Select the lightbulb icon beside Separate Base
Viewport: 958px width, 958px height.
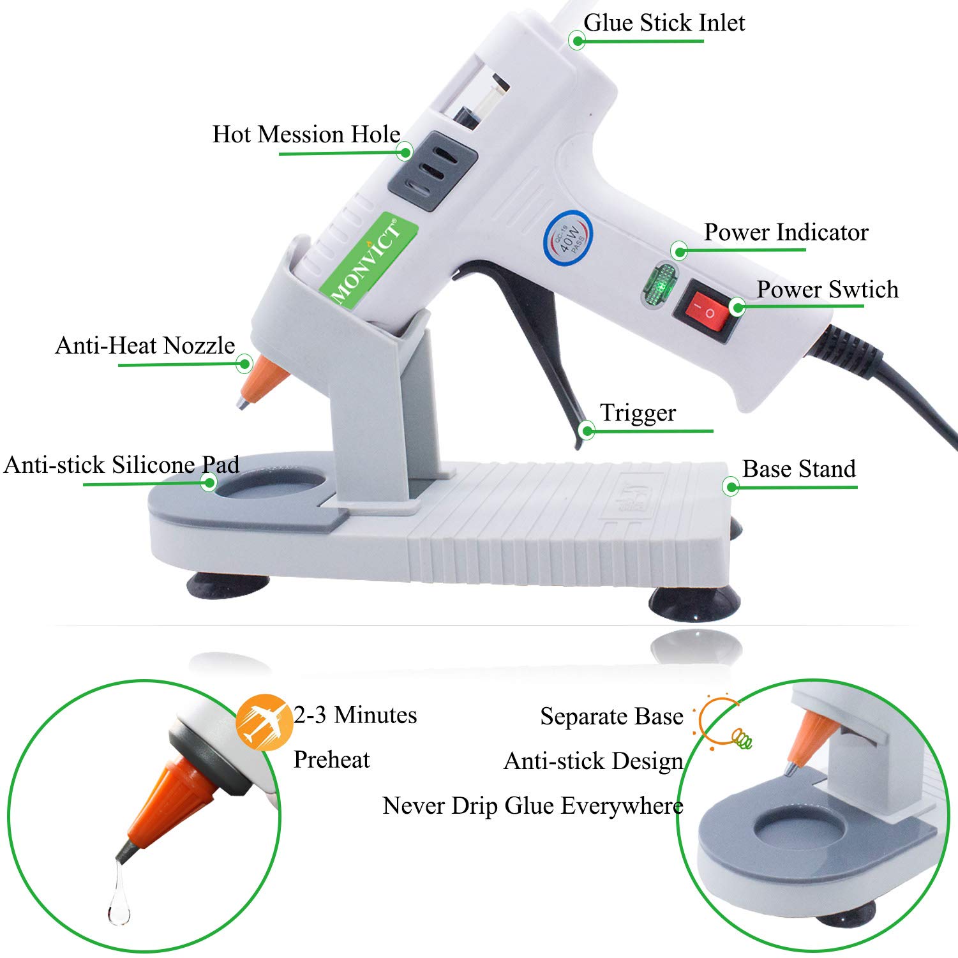(x=724, y=724)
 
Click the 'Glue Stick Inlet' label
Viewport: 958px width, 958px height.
(x=664, y=23)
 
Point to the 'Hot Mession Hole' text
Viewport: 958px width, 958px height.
(x=306, y=135)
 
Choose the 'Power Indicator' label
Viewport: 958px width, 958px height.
(x=786, y=232)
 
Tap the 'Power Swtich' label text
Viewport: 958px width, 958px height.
(x=827, y=290)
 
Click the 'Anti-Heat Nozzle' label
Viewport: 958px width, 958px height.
(x=145, y=346)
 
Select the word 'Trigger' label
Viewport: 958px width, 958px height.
(x=638, y=413)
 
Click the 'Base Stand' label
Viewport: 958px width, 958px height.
(x=798, y=469)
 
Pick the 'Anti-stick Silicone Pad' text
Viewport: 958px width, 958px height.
(x=121, y=465)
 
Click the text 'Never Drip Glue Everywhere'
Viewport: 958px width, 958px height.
(x=533, y=806)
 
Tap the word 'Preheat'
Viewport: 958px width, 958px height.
(x=331, y=760)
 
